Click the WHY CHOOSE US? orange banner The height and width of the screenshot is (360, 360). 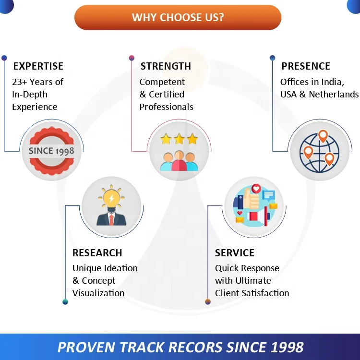click(178, 18)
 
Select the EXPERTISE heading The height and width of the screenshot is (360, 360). click(38, 66)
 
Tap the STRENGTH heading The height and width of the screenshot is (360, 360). click(166, 66)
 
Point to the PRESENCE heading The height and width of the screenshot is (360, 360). click(306, 66)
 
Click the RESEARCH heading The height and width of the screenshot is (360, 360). click(97, 253)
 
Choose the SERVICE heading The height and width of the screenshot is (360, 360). click(235, 253)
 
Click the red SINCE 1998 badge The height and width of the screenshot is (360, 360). click(51, 151)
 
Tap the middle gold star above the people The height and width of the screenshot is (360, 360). click(180, 140)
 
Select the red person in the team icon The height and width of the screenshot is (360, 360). click(180, 162)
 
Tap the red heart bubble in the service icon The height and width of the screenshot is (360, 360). click(256, 189)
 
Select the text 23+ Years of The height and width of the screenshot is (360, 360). click(37, 82)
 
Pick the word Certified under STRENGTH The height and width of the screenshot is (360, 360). click(167, 95)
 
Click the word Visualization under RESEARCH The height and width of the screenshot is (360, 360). click(98, 293)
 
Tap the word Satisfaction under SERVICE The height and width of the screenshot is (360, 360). click(265, 293)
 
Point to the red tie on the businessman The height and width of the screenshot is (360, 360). click(111, 219)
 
